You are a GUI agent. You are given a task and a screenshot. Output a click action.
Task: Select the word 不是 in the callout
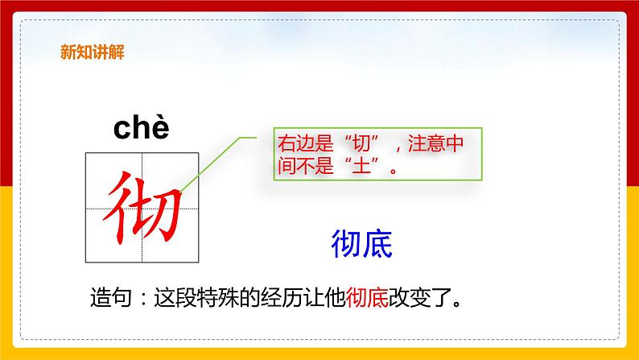coord(336,169)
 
